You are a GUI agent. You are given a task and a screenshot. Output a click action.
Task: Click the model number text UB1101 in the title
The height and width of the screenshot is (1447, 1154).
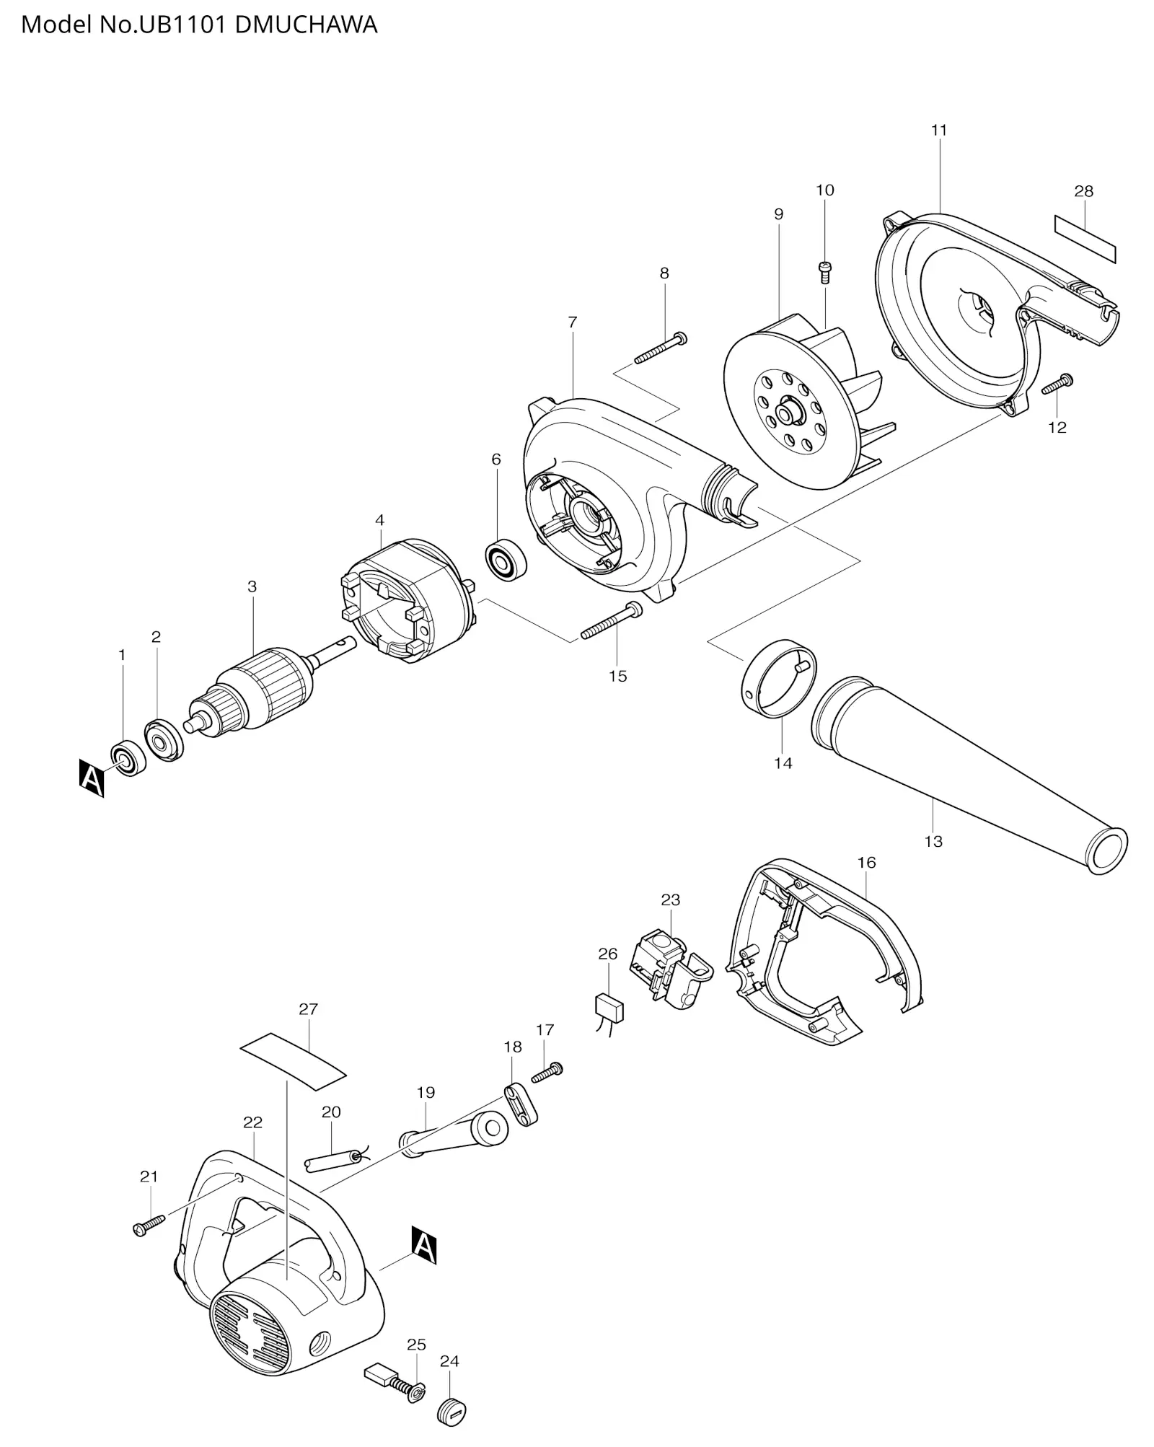tap(181, 25)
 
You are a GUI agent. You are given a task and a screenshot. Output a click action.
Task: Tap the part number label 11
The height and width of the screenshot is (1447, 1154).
tap(938, 131)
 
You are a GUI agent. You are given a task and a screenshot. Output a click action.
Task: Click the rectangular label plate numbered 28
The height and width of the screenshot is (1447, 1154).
tap(1085, 239)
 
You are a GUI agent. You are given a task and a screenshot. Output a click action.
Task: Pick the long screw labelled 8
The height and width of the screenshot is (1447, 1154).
tap(661, 348)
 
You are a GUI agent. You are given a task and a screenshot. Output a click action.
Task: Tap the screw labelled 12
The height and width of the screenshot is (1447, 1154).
tap(1058, 383)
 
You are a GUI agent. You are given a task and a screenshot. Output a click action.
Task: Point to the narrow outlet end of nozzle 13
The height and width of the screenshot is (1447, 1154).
tap(1107, 850)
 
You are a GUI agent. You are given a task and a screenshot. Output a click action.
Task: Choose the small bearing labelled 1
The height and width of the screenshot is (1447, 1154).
tap(129, 758)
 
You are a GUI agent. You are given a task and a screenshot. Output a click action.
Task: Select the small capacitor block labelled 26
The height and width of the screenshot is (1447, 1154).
tap(609, 1006)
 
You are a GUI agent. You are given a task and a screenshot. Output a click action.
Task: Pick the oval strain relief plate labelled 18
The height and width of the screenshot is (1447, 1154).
tap(521, 1104)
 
